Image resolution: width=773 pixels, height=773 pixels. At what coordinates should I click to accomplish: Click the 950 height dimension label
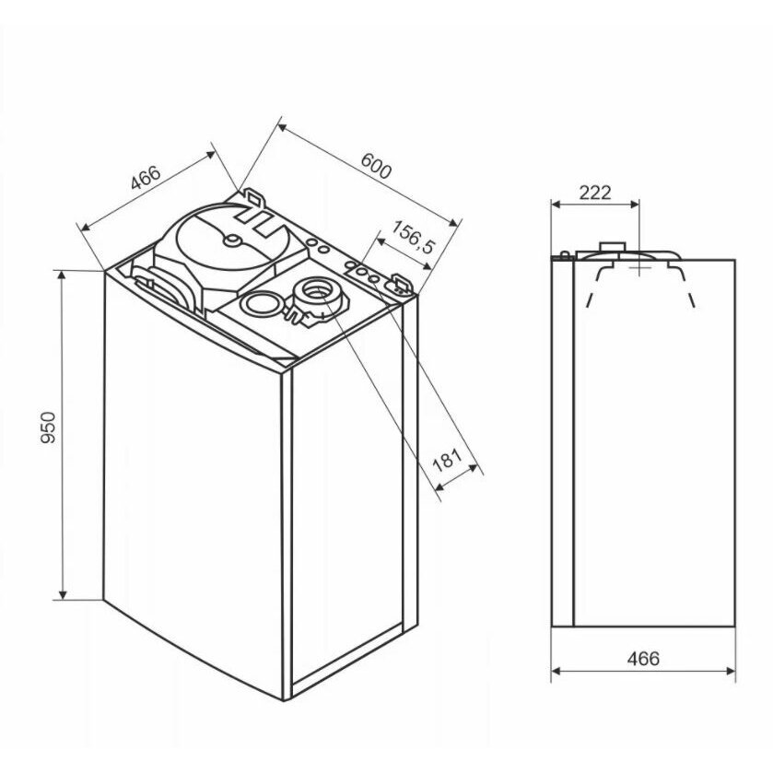pyautogui.click(x=48, y=427)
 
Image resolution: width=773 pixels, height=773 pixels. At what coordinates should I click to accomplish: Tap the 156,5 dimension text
pyautogui.click(x=413, y=237)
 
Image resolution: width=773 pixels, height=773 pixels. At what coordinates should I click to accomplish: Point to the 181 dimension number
pyautogui.click(x=447, y=461)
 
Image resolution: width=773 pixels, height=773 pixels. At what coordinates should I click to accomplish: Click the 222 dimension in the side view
pyautogui.click(x=594, y=193)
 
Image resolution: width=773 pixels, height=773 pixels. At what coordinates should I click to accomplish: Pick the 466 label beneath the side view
pyautogui.click(x=643, y=658)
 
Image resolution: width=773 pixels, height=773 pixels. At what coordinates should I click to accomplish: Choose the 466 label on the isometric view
pyautogui.click(x=146, y=178)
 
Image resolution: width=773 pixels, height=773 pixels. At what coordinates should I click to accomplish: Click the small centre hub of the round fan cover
pyautogui.click(x=231, y=240)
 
